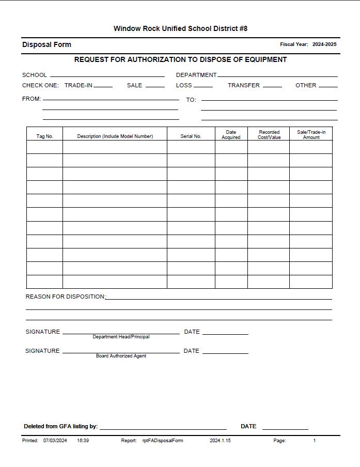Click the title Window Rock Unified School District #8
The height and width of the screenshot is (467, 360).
coord(180,28)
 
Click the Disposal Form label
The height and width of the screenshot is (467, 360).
coord(46,44)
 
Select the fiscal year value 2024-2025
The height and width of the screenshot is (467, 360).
coord(324,44)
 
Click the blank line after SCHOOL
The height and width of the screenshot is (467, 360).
coord(107,75)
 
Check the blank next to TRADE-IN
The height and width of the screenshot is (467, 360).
coord(103,86)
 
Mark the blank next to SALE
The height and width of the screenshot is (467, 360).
coord(155,86)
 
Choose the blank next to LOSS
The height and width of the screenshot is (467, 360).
coord(203,86)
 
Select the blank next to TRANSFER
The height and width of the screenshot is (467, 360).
coord(272,86)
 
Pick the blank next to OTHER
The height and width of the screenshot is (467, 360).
coord(328,86)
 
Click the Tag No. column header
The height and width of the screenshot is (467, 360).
coord(45,136)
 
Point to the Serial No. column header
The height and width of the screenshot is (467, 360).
coord(191,136)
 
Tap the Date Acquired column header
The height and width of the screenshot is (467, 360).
coord(231,135)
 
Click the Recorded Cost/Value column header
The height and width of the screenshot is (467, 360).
coord(269,135)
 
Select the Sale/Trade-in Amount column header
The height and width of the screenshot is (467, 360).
coord(311,135)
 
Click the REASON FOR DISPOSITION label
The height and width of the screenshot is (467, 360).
coord(65,297)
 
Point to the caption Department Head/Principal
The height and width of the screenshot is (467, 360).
coord(121,337)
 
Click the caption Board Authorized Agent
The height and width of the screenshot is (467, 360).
coord(121,356)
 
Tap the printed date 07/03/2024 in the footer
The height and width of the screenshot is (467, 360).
coord(55,441)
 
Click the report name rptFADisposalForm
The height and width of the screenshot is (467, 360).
coord(163,441)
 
